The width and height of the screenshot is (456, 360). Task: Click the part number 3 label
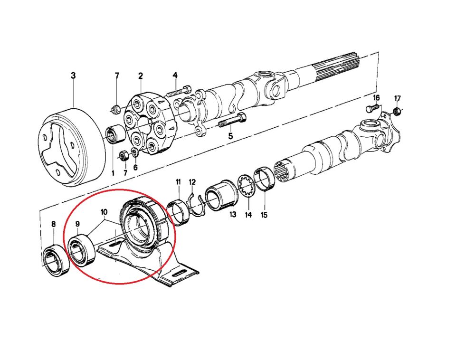73,76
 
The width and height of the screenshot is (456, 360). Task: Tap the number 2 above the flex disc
141,76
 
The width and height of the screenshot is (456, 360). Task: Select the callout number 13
233,215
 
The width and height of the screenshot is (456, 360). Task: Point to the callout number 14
248,215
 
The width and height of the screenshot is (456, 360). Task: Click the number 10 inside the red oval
104,211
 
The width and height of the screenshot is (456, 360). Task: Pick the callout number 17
398,98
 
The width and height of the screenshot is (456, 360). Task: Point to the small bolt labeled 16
372,109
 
